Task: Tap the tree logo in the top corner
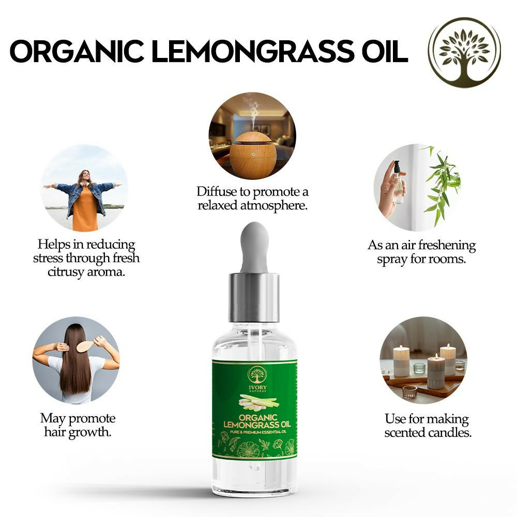point(464,52)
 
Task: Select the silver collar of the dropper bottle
point(254,297)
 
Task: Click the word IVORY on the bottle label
point(257,387)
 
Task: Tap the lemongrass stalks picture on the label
point(258,402)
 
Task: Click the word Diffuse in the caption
point(217,192)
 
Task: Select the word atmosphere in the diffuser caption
point(273,205)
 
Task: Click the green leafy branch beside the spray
point(442,185)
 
